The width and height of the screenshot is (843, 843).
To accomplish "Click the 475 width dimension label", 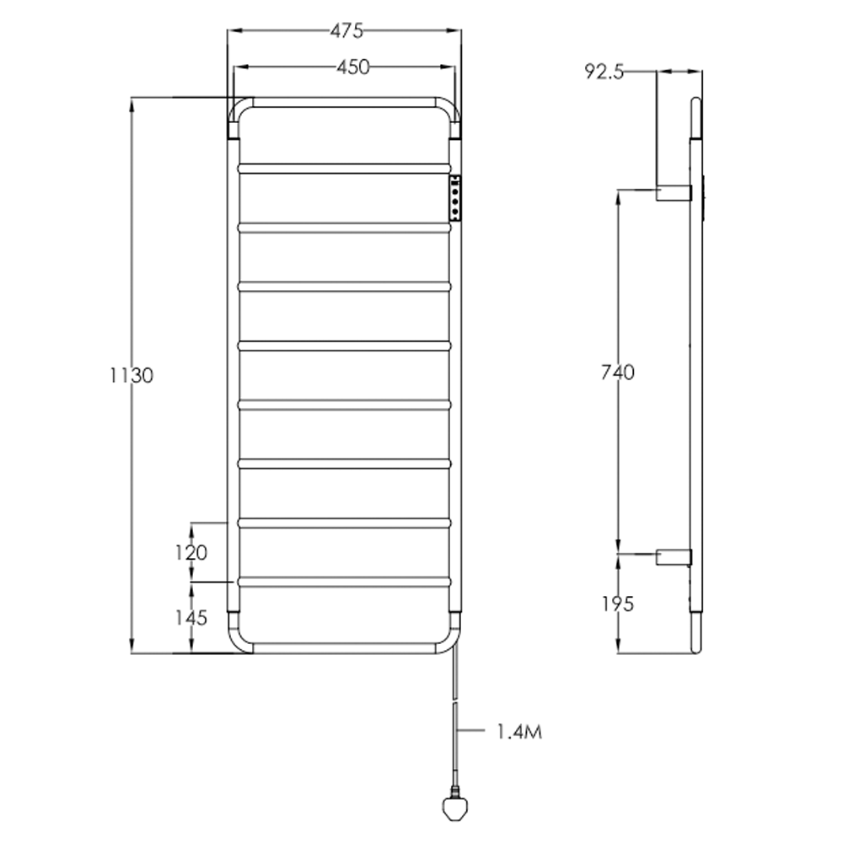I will pyautogui.click(x=346, y=31).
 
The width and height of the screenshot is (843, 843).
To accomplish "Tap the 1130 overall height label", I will pyautogui.click(x=132, y=375).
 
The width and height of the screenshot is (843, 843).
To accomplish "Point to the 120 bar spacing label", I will pyautogui.click(x=191, y=553).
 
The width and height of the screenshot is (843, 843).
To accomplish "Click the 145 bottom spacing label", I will pyautogui.click(x=191, y=618).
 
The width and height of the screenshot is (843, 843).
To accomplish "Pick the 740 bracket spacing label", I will pyautogui.click(x=618, y=372).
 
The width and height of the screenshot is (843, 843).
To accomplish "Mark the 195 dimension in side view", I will pyautogui.click(x=618, y=604).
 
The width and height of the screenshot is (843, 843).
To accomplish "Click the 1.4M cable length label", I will pyautogui.click(x=518, y=731).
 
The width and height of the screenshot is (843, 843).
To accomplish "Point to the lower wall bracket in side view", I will pyautogui.click(x=674, y=556).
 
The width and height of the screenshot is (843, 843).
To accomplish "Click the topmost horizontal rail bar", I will pyautogui.click(x=346, y=168).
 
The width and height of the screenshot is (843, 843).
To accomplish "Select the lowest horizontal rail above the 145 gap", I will pyautogui.click(x=346, y=582).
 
